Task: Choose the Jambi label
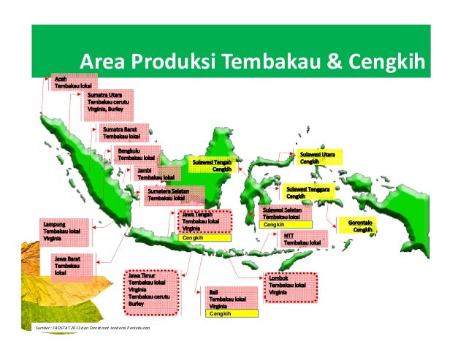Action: coord(156,173)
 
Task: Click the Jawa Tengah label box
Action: coord(203,222)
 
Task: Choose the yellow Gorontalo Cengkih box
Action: coord(361,226)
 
